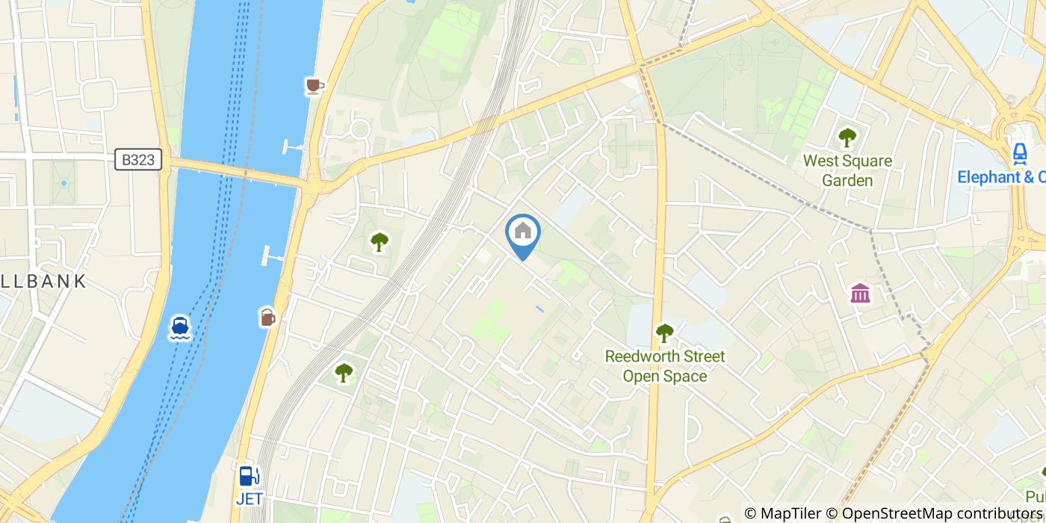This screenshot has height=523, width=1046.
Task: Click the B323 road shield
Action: tap(139, 159)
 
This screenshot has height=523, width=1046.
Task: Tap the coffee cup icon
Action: tap(315, 87)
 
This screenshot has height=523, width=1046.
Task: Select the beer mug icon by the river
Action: tap(267, 318)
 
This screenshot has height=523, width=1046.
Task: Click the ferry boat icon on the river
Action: tap(180, 327)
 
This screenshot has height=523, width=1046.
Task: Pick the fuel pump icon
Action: tap(249, 476)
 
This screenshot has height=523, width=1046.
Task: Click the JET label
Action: tap(249, 498)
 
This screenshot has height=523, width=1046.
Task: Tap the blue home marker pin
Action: tap(523, 233)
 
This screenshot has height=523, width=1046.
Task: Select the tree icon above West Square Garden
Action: tap(847, 137)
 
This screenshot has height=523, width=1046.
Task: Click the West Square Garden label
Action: tap(847, 171)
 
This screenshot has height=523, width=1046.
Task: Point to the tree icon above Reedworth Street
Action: tap(664, 333)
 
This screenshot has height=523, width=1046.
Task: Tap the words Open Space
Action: tap(665, 376)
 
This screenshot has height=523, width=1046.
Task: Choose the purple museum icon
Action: tap(860, 293)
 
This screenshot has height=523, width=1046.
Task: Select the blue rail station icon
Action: tap(1019, 152)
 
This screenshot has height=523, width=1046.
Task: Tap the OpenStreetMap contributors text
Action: tap(941, 513)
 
